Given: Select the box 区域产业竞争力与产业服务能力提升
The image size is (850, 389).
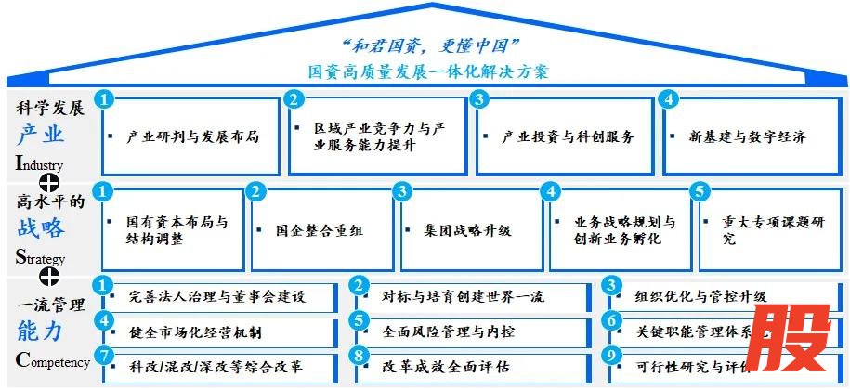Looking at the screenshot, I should point(379,136).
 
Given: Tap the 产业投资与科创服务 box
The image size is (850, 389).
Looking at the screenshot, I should point(564,136).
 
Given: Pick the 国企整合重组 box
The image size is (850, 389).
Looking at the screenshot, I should point(319,230).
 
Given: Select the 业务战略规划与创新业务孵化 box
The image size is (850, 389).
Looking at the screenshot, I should point(617,230).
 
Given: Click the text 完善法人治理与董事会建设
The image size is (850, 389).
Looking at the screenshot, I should point(217,296).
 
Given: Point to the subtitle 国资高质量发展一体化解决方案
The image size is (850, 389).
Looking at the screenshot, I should point(429,71).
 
